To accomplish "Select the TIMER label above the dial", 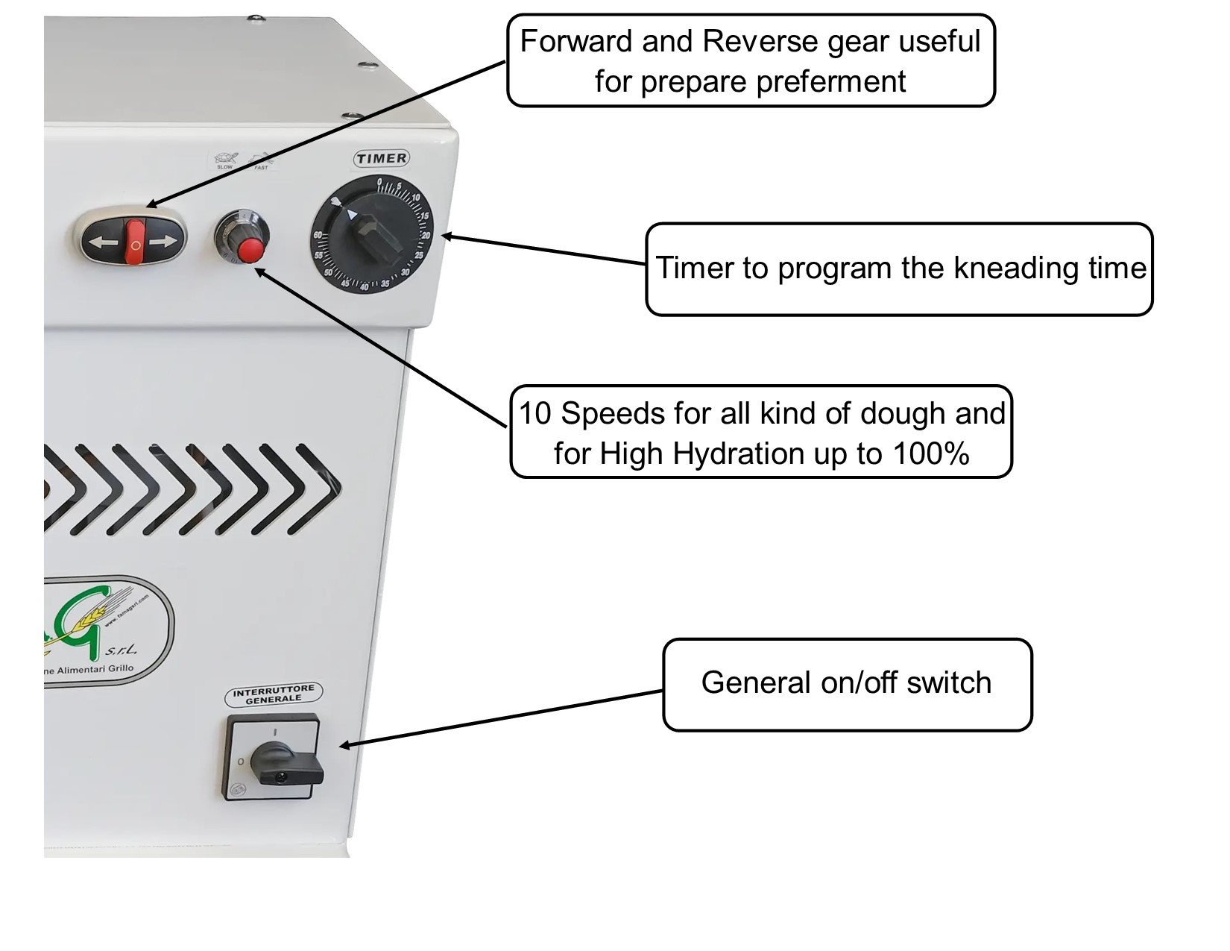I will (x=381, y=158).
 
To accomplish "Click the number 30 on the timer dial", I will (x=405, y=272).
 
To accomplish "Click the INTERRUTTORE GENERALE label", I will (x=274, y=694).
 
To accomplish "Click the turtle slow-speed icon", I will (x=224, y=159).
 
